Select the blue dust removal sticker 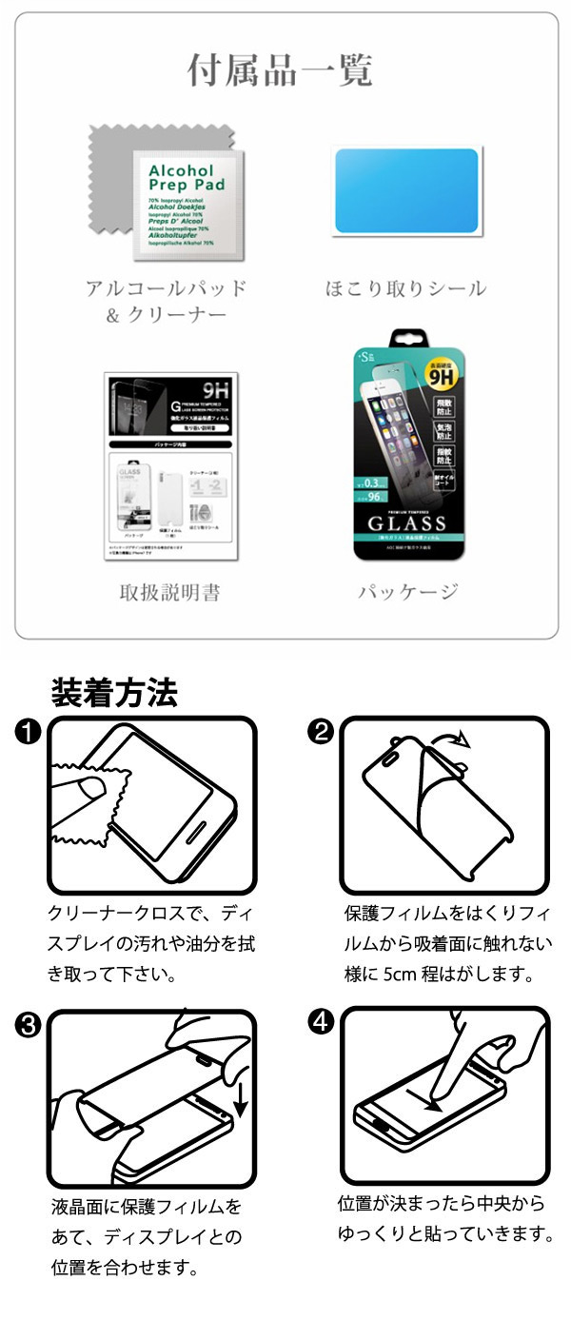pos(406,190)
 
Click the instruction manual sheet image pos(171,467)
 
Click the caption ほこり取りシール pos(406,288)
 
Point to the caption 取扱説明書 pos(169,593)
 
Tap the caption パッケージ pos(408,593)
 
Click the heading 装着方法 pos(113,693)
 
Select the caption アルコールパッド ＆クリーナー pos(166,301)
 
